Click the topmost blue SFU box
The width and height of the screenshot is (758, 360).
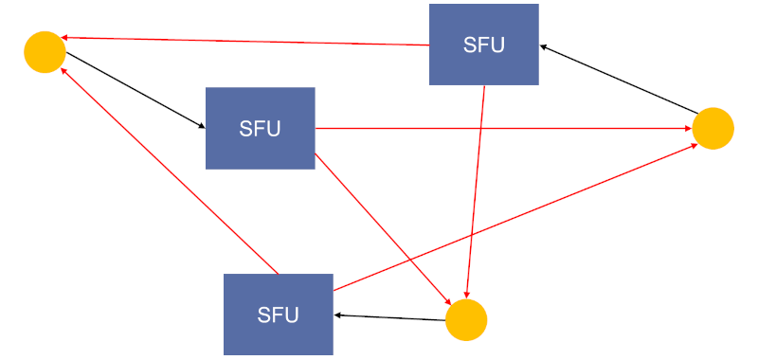(x=483, y=45)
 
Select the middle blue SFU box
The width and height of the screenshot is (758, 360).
(x=260, y=128)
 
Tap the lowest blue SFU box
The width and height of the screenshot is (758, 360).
(x=278, y=314)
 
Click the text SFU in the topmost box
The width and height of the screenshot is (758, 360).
(x=483, y=45)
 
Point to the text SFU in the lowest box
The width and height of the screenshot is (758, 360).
(x=278, y=315)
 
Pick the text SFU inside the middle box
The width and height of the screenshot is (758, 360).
(x=260, y=129)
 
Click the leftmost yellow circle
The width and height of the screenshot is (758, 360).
(x=45, y=52)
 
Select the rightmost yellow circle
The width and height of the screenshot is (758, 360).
(x=713, y=128)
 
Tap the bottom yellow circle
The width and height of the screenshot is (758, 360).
(x=465, y=320)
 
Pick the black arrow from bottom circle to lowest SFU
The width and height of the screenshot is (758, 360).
(x=388, y=317)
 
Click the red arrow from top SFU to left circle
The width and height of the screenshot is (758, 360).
(x=246, y=41)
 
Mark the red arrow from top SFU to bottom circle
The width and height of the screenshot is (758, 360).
(x=476, y=189)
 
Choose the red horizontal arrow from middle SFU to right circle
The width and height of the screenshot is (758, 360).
(x=502, y=128)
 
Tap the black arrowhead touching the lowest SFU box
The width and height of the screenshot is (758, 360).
(x=338, y=315)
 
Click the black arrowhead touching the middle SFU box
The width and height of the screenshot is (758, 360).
(x=201, y=127)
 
